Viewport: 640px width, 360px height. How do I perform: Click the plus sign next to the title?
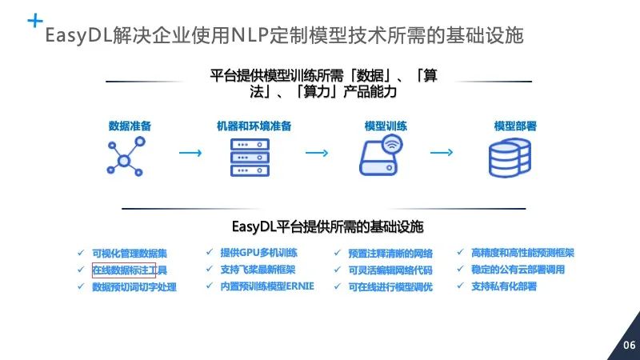pos(35,22)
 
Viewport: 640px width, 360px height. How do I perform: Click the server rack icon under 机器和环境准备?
pos(250,156)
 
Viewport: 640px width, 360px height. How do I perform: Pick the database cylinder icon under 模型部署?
pos(510,156)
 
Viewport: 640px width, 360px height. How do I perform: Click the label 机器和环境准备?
pos(254,126)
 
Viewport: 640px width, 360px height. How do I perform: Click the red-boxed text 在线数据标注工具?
pos(124,270)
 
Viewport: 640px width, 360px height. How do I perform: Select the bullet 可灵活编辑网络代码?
pos(390,270)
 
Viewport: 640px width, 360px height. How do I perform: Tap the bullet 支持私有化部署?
pos(504,286)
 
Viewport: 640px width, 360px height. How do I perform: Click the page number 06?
pos(629,346)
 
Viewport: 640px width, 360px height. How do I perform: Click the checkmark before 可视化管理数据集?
pos(80,254)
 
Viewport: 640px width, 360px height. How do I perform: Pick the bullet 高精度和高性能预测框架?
pos(522,253)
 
